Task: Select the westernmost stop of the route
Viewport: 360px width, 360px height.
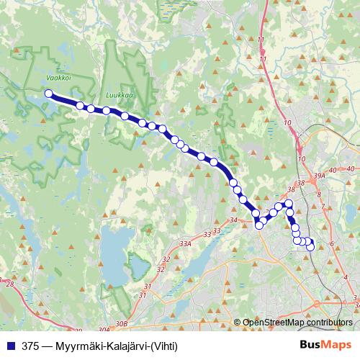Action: [49, 94]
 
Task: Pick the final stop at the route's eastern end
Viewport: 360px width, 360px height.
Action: [311, 247]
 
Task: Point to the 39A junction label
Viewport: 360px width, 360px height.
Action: [320, 174]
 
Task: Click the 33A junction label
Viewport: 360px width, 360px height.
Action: [186, 245]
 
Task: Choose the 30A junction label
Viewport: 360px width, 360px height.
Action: [102, 328]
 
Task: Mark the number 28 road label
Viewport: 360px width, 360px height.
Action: [9, 284]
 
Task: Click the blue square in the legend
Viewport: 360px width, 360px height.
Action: [9, 346]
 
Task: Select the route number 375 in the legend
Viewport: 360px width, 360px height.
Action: [31, 346]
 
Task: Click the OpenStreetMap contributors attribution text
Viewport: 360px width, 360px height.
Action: [297, 323]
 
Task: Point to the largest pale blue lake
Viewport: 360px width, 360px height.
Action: [115, 249]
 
